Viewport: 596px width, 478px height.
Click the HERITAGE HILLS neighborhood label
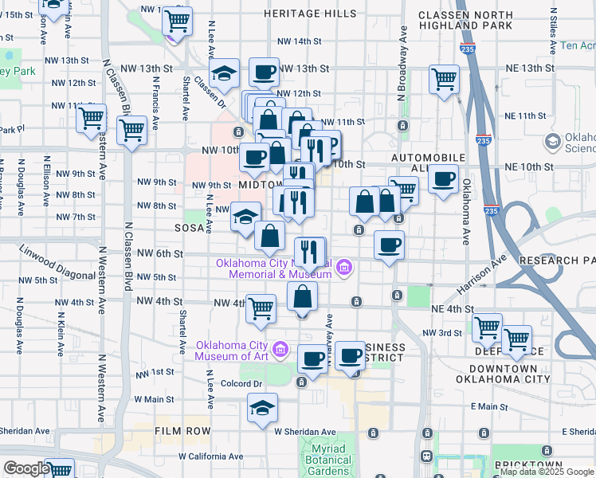point(310,14)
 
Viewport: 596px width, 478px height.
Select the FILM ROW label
point(183,431)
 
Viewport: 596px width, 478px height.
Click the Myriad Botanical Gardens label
point(327,461)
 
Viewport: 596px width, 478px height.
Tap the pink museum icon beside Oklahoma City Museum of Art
point(280,349)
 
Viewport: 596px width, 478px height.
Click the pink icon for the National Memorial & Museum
point(343,267)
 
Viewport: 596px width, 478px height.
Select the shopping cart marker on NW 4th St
point(261,308)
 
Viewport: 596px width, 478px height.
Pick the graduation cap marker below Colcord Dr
point(261,408)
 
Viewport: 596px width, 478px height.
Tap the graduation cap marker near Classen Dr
point(225,74)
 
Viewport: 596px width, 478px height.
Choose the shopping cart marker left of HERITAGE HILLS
point(177,20)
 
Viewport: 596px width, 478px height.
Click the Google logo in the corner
point(25,468)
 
